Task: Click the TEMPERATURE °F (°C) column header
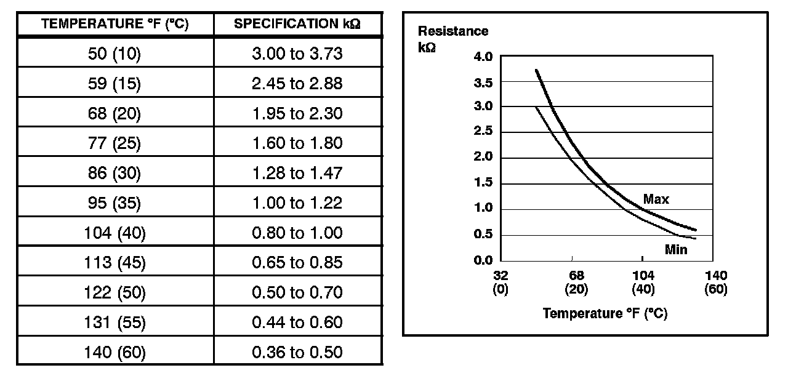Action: [115, 25]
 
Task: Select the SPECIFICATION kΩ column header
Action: [297, 25]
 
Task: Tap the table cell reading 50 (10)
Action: [115, 54]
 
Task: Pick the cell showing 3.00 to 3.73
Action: [297, 54]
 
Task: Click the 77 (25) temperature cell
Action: [115, 143]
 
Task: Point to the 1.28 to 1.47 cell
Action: [297, 174]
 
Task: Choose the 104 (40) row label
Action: [115, 233]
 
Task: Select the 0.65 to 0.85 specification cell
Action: [297, 263]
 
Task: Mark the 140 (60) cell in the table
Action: [115, 352]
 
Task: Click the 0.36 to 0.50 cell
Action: [297, 352]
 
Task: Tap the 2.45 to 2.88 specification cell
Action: [297, 84]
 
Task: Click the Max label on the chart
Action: [656, 199]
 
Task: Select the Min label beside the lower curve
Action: [676, 250]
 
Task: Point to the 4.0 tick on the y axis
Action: [483, 57]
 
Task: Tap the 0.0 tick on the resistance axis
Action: [483, 260]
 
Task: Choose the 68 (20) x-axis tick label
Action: [576, 283]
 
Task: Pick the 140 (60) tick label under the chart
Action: [716, 283]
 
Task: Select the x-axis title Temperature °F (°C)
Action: [605, 313]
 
